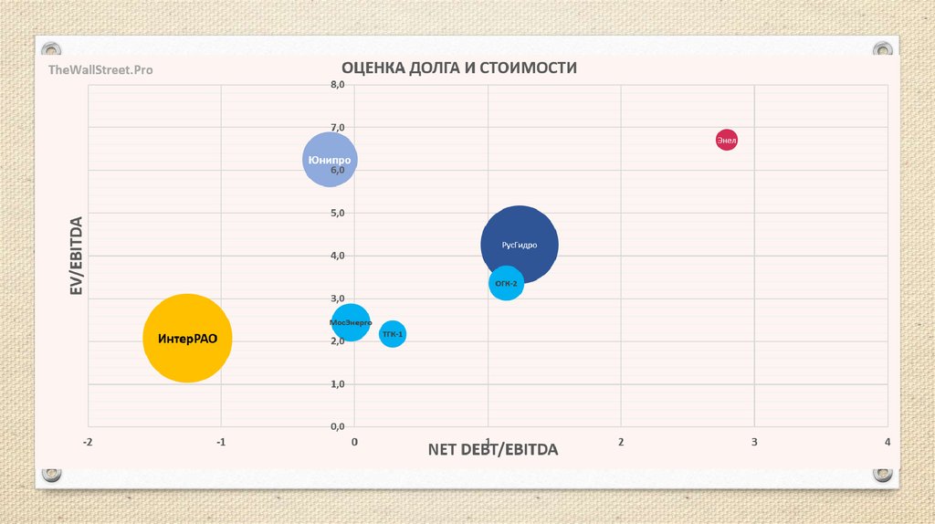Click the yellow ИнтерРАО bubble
click(187, 338)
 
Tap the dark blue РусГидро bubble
click(520, 244)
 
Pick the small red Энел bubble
click(726, 140)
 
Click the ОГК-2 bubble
click(506, 283)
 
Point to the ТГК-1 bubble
click(393, 334)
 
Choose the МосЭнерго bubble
click(351, 322)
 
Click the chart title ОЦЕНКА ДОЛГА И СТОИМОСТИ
click(459, 68)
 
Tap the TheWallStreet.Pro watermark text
click(100, 69)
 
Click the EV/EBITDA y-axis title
click(77, 256)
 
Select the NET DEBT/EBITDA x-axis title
click(492, 450)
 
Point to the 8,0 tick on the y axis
click(338, 84)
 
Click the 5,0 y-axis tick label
click(338, 213)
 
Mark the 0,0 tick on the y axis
click(338, 426)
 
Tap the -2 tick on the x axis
click(88, 442)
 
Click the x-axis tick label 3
click(754, 442)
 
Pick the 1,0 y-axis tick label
click(338, 384)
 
